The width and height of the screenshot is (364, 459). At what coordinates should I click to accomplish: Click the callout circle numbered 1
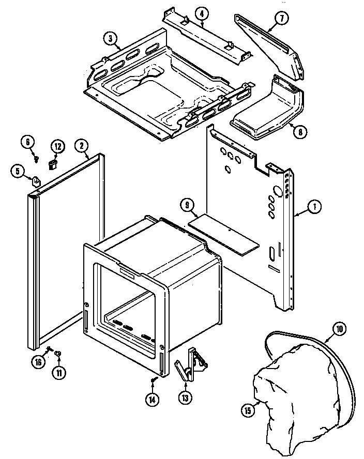click(x=314, y=207)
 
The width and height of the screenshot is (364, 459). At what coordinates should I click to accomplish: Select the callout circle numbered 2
click(x=81, y=146)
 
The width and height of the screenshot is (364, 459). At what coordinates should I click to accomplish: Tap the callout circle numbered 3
click(x=110, y=38)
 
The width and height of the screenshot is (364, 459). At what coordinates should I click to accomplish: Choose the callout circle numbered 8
click(x=298, y=131)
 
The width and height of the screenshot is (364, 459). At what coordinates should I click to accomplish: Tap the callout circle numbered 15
click(x=248, y=411)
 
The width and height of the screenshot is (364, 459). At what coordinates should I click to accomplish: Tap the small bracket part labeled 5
click(x=36, y=181)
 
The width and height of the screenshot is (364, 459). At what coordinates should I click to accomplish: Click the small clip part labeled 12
click(x=52, y=165)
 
